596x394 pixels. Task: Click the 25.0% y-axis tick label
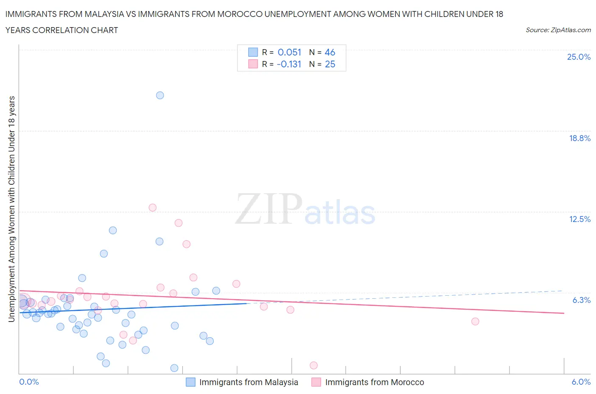coord(579,57)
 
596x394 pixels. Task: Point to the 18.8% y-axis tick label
coord(579,138)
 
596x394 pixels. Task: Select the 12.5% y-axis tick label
coord(579,219)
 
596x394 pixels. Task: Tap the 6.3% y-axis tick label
coord(581,300)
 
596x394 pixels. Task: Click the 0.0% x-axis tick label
coord(29,382)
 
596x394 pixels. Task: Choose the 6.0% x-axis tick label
coord(581,382)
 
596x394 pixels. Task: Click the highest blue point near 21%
coord(160,95)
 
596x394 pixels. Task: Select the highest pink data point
coord(153,208)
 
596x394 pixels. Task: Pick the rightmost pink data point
coord(475,322)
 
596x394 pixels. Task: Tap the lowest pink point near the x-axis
coord(314,365)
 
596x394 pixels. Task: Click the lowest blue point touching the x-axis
coord(174,368)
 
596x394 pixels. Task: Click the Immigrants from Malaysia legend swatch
coord(191,382)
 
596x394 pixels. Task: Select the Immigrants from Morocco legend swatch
coord(316,382)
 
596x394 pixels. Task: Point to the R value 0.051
coord(289,52)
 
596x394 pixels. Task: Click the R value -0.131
coord(289,64)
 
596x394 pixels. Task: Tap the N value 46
coord(330,52)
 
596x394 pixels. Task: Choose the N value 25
coord(330,64)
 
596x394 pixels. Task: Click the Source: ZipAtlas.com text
coord(558,30)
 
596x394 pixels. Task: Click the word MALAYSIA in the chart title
coord(103,14)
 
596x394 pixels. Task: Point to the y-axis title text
coord(11,209)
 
